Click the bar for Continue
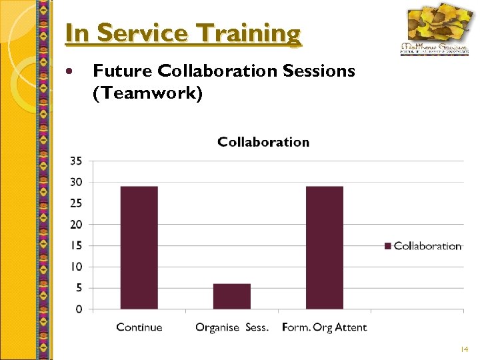(139, 247)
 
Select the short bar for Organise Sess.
(232, 297)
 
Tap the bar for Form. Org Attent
(325, 247)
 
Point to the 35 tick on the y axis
(76, 161)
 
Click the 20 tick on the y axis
(76, 225)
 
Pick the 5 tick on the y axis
(79, 288)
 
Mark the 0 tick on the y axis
(79, 309)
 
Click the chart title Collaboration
(263, 142)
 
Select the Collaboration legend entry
(423, 246)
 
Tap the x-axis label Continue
(139, 327)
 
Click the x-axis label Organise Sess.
(232, 327)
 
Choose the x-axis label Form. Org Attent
(325, 327)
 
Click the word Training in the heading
(256, 33)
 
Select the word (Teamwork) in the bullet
(147, 93)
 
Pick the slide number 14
(464, 349)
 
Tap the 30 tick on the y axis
(76, 182)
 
